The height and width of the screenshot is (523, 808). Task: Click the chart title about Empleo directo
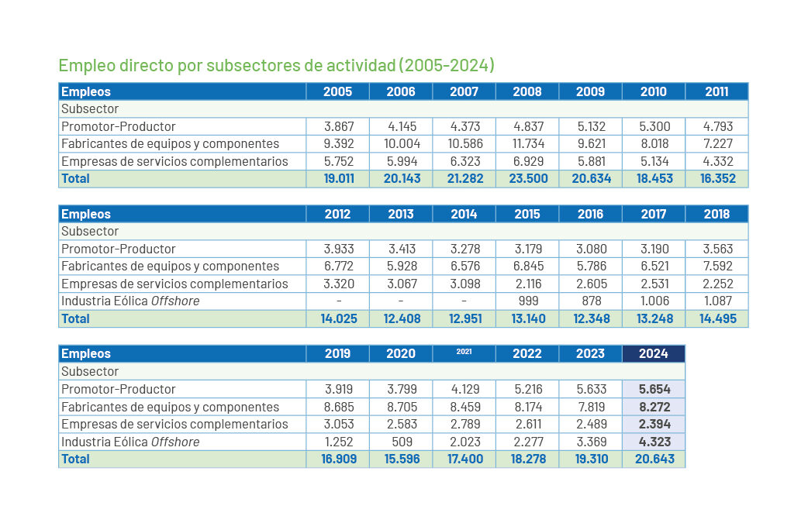[276, 65]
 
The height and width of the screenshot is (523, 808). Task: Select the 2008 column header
[527, 91]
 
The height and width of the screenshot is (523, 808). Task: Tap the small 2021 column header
[464, 353]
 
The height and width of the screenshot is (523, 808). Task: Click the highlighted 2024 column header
[653, 353]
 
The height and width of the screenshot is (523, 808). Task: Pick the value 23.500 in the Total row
[527, 178]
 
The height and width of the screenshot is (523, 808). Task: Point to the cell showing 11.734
[527, 143]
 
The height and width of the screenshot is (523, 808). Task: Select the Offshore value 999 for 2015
[527, 301]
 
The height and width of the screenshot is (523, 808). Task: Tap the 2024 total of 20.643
[654, 459]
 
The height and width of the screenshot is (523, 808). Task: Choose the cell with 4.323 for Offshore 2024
[654, 442]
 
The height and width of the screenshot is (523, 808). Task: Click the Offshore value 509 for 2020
[401, 442]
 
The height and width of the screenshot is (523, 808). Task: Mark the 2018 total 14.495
[716, 318]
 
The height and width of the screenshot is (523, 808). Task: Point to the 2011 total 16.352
[716, 178]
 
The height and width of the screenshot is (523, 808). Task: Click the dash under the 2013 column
[401, 301]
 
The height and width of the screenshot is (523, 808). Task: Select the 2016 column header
[590, 214]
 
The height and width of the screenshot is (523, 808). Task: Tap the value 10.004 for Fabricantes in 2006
[401, 143]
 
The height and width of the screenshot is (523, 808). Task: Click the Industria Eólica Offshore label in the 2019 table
[130, 442]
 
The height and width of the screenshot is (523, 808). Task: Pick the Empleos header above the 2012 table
[86, 214]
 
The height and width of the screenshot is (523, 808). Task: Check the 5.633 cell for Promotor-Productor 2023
[590, 389]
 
